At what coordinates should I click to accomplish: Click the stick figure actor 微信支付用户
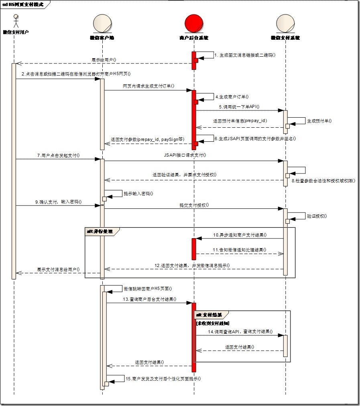(x=16, y=21)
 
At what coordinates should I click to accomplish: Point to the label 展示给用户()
(x=104, y=59)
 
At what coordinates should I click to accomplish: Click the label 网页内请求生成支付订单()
(x=148, y=86)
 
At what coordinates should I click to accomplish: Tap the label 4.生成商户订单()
(x=232, y=96)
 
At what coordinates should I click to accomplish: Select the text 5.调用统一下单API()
(x=239, y=107)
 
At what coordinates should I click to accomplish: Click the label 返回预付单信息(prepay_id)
(x=240, y=120)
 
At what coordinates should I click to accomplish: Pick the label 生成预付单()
(x=319, y=120)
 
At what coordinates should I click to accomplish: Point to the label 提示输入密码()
(x=138, y=193)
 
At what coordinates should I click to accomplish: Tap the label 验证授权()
(x=317, y=216)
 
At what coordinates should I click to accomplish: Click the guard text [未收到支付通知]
(x=212, y=322)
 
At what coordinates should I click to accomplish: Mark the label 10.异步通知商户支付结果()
(x=240, y=235)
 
